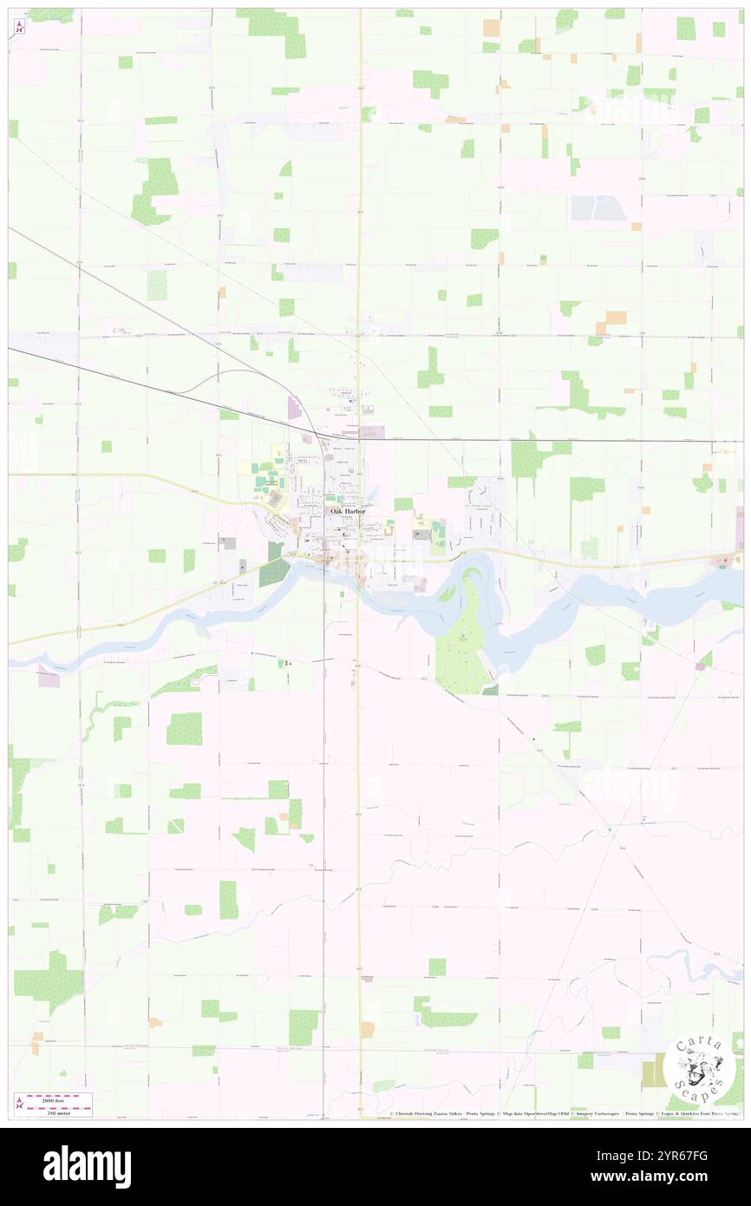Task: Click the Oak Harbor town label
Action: click(348, 512)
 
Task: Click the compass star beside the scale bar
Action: click(19, 1104)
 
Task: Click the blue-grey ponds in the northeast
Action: click(599, 207)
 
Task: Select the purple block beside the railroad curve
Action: click(293, 408)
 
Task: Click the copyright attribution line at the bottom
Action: click(564, 1113)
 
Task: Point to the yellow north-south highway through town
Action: click(360, 260)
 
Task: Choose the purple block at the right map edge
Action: click(739, 529)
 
